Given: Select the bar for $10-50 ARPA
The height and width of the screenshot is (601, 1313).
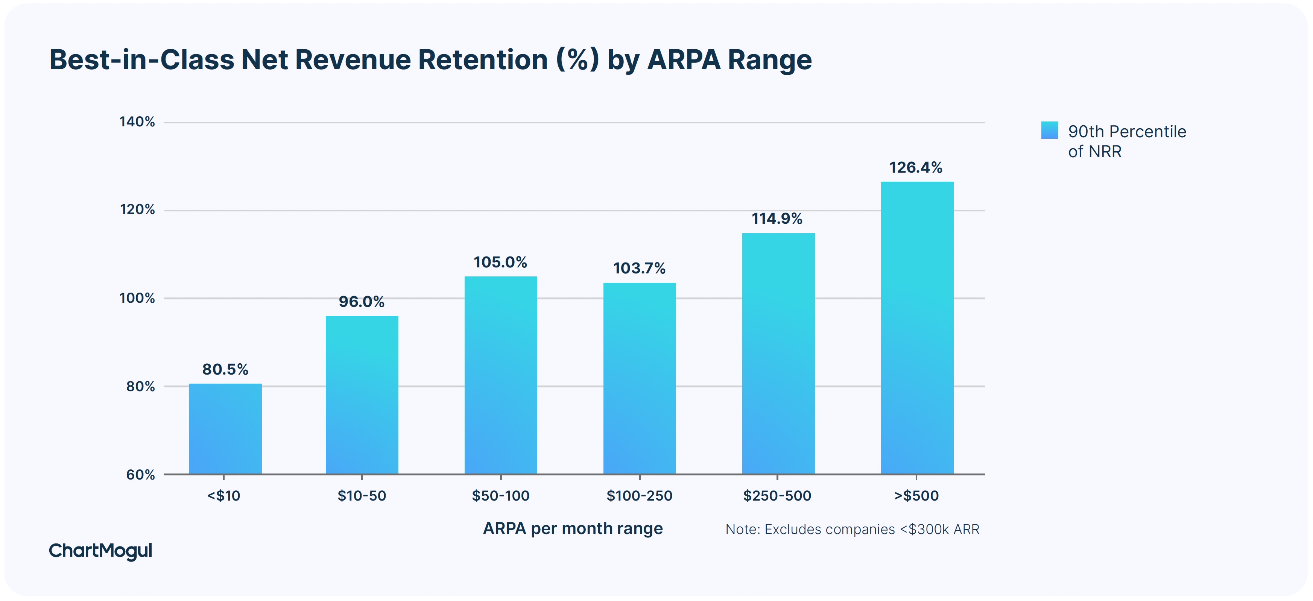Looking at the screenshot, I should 362,395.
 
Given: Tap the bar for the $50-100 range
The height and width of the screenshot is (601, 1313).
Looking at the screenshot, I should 500,375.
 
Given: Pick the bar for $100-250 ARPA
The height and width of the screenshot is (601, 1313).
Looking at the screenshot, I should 639,378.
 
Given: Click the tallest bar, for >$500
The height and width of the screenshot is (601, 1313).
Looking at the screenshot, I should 916,328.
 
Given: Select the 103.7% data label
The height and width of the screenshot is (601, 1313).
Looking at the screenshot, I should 639,268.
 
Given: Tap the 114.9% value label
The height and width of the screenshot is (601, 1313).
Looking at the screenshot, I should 777,219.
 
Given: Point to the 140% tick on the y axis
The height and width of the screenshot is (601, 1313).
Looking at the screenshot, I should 137,122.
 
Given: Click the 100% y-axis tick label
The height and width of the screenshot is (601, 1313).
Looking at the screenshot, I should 137,298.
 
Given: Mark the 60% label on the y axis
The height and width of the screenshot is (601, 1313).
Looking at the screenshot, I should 140,475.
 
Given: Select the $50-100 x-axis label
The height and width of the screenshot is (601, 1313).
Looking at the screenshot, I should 500,495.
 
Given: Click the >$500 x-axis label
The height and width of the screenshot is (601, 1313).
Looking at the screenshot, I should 916,495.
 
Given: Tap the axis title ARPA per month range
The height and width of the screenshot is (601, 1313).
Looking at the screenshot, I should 573,529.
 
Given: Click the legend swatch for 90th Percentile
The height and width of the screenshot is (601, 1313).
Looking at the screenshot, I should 1050,130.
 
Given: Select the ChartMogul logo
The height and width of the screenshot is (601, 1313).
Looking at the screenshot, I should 100,551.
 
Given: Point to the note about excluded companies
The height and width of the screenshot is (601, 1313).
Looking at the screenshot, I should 852,530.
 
